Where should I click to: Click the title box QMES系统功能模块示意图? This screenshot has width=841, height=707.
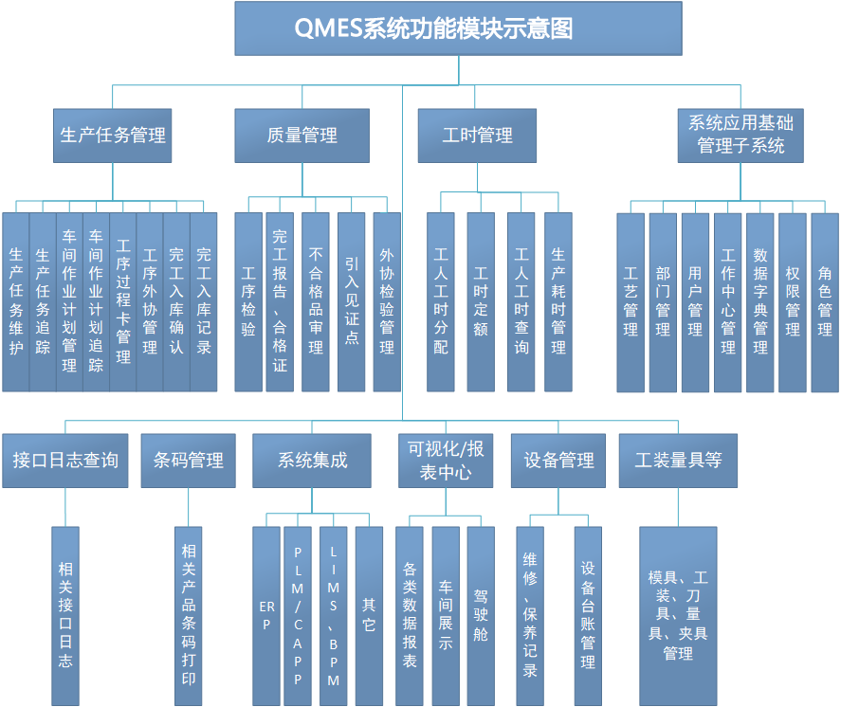pyautogui.click(x=458, y=28)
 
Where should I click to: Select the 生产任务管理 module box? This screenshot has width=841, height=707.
pyautogui.click(x=113, y=136)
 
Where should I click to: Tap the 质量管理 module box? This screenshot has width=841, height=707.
pyautogui.click(x=302, y=136)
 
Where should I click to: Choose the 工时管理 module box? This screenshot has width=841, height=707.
pyautogui.click(x=477, y=136)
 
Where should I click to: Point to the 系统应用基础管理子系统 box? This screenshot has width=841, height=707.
pyautogui.click(x=741, y=135)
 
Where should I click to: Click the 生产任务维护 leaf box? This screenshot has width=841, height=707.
pyautogui.click(x=15, y=301)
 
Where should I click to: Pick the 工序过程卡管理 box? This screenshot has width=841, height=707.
pyautogui.click(x=123, y=301)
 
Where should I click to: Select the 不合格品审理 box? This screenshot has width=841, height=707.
pyautogui.click(x=316, y=301)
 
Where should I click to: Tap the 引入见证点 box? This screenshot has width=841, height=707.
pyautogui.click(x=352, y=301)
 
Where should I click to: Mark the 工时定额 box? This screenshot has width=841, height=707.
pyautogui.click(x=481, y=301)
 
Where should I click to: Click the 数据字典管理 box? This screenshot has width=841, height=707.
pyautogui.click(x=760, y=301)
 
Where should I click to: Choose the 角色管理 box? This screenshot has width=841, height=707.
pyautogui.click(x=825, y=301)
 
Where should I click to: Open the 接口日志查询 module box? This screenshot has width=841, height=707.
pyautogui.click(x=65, y=461)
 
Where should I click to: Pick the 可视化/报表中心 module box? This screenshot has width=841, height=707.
pyautogui.click(x=446, y=461)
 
